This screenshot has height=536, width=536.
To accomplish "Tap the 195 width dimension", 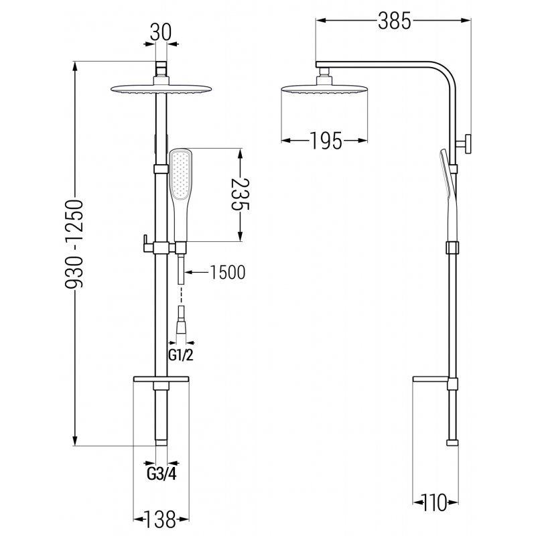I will (326, 141).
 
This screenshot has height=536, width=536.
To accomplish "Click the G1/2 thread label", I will (180, 354).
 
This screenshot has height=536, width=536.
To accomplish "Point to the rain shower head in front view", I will (161, 90).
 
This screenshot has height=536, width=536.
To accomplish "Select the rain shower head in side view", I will (325, 90).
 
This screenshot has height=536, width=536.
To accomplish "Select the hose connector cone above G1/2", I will (181, 328).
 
